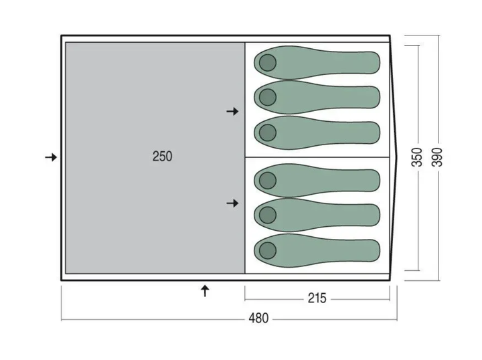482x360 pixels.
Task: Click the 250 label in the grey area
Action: pos(162,157)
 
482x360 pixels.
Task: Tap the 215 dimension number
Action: pos(317,298)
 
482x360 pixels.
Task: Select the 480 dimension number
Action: pos(258,319)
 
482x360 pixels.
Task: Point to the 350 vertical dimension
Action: pos(417,157)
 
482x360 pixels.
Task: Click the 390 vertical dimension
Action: pos(436,157)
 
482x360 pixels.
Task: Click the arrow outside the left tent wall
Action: pos(51,157)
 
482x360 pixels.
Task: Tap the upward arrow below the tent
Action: pos(205,290)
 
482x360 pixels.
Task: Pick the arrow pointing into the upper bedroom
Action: pos(233,111)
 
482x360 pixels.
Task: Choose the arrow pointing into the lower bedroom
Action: pos(233,203)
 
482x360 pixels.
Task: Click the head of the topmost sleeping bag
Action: pos(267,63)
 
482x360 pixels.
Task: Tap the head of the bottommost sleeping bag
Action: pos(267,250)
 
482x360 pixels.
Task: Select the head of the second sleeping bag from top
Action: pos(267,98)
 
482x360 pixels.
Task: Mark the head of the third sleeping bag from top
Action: pos(267,132)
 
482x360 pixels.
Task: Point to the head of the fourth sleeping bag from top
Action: pos(267,180)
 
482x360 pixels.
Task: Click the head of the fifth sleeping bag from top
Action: pos(267,215)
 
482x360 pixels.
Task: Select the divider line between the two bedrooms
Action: pos(317,157)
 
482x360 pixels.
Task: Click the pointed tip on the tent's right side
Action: pos(397,157)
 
